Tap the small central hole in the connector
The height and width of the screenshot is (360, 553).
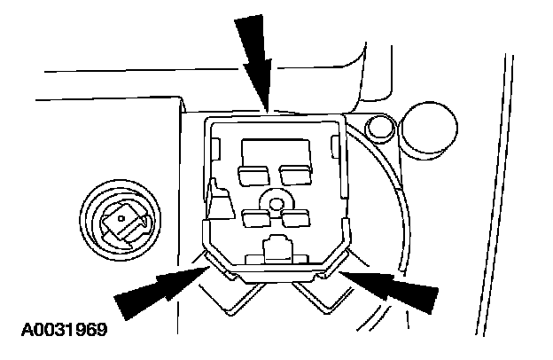click(277, 205)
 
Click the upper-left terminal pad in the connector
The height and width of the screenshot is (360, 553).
click(253, 173)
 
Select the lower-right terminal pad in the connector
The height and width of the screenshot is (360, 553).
click(297, 219)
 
